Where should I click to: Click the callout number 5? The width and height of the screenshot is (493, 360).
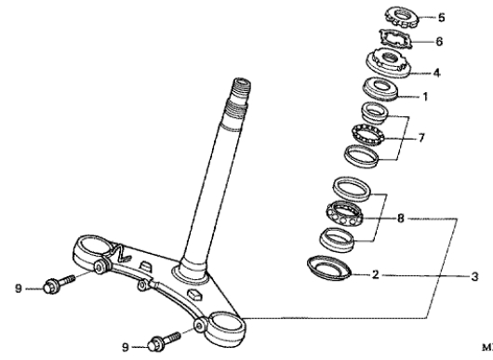click(x=442, y=18)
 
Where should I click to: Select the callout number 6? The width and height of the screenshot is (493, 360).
click(x=439, y=41)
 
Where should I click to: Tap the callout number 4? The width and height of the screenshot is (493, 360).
click(x=436, y=73)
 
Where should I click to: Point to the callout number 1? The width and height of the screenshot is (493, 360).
click(x=425, y=97)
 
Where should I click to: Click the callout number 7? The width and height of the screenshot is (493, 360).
click(x=421, y=138)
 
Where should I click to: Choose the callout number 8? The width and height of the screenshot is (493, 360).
click(x=400, y=218)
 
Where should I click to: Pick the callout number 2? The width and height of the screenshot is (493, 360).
click(x=375, y=274)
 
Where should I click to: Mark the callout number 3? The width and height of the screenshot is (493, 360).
click(x=474, y=276)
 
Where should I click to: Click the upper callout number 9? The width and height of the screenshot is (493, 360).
click(x=19, y=288)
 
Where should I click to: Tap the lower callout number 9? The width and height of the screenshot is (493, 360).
click(x=126, y=347)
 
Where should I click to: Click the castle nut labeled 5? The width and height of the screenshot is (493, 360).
click(x=402, y=17)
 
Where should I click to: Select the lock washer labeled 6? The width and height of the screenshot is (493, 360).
click(x=395, y=39)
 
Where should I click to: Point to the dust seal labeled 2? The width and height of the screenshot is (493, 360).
click(x=329, y=268)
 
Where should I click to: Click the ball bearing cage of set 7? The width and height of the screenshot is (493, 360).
click(x=368, y=135)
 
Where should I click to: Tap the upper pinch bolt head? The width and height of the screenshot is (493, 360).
click(x=50, y=287)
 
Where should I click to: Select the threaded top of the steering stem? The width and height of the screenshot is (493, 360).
click(x=241, y=91)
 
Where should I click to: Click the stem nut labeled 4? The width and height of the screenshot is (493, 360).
click(x=389, y=62)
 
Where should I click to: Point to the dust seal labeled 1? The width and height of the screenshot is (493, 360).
click(x=380, y=89)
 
